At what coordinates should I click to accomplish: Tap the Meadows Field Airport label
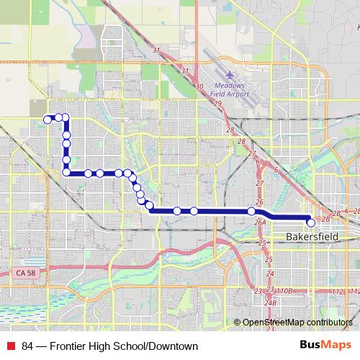pos(231,89)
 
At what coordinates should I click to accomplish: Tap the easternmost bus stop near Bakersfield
pos(311,223)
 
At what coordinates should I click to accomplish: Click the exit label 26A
pos(261,222)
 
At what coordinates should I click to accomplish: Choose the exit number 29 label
pos(217,104)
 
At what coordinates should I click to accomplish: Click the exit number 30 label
pos(199,85)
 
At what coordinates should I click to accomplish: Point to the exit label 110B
pos(284,291)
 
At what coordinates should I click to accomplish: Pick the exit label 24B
pos(271,303)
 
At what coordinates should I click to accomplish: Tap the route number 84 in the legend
pos(27,346)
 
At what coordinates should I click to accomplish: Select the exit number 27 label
pos(251,154)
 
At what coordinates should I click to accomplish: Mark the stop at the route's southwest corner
pos(66,172)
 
